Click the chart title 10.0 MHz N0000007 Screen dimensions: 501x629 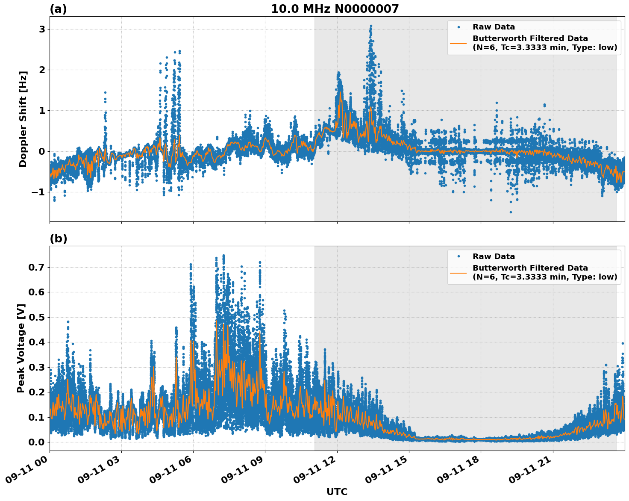pos(335,9)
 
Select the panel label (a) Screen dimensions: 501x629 pos(58,9)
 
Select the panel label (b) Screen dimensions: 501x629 pos(58,239)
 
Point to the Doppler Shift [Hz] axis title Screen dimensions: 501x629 pos(23,119)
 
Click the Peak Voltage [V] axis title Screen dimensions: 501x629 pos(21,348)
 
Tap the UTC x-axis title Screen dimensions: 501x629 pos(337,492)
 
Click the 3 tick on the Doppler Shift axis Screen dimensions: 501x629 pos(42,29)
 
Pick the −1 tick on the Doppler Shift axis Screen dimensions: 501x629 pos(38,192)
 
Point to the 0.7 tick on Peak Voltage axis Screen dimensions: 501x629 pos(37,268)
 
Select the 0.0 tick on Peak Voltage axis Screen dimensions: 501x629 pos(37,442)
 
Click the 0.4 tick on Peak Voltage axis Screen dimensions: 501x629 pos(37,342)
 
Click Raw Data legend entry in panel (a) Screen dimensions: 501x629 pos(494,27)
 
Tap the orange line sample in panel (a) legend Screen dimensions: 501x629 pos(459,43)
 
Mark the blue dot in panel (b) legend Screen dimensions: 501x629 pos(459,256)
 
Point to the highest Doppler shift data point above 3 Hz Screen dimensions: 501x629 pos(371,26)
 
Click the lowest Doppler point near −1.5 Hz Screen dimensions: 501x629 pos(510,212)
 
